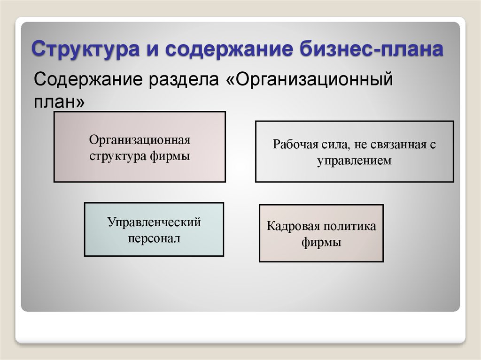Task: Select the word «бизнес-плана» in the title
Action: (x=372, y=48)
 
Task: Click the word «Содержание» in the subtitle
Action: (x=88, y=79)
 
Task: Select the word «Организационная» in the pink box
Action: (x=140, y=140)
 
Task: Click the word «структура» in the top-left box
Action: (x=118, y=156)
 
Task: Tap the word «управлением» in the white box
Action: (x=354, y=161)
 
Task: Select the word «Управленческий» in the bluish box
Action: (x=154, y=222)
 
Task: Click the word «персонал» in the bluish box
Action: (x=154, y=238)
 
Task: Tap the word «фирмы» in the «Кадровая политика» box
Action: (x=321, y=243)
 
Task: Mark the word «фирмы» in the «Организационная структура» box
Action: (x=170, y=156)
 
